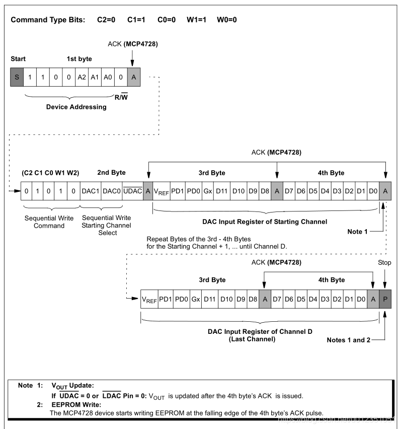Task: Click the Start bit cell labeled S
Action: [17, 78]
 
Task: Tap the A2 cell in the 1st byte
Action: [81, 78]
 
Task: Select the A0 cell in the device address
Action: [108, 78]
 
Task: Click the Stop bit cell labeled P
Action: [385, 299]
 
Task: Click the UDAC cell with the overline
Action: [133, 191]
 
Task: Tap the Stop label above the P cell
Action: [384, 262]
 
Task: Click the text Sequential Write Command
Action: [49, 222]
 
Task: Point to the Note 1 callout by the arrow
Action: [358, 232]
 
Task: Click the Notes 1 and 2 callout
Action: [349, 340]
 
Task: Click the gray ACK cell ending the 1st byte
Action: [133, 78]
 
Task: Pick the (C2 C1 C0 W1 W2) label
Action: [50, 173]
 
